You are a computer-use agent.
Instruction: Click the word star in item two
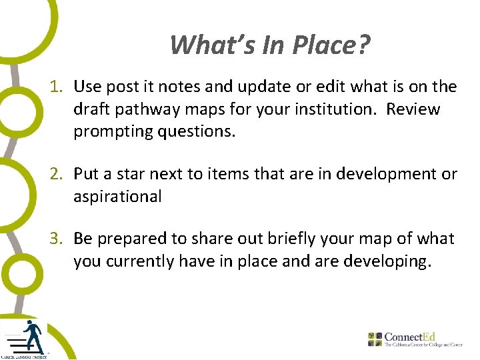pyautogui.click(x=135, y=175)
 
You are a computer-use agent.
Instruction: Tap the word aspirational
pyautogui.click(x=117, y=197)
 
